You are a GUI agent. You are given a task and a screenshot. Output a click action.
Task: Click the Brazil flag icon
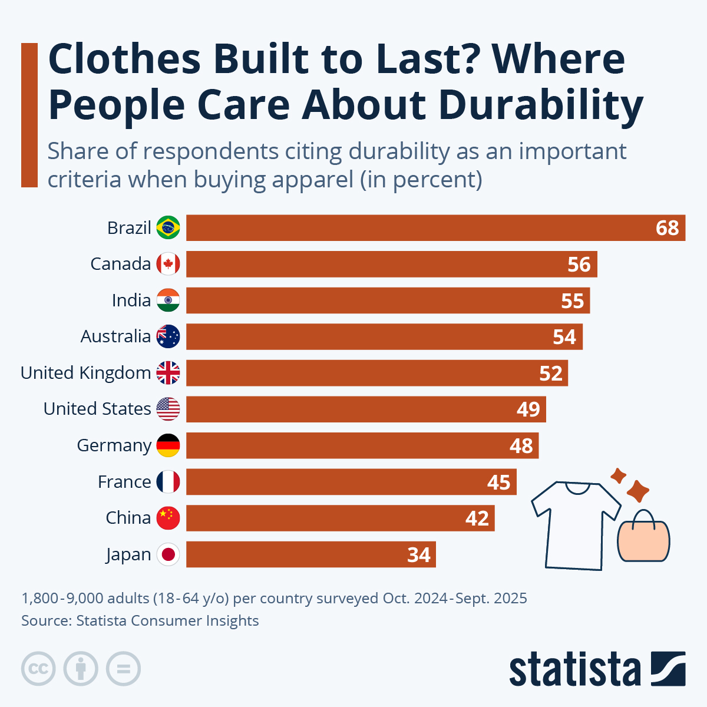pos(168,227)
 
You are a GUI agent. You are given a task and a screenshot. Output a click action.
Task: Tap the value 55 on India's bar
pos(572,301)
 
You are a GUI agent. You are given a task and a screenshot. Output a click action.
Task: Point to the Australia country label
pos(115,336)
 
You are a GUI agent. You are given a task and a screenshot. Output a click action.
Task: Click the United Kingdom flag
pos(168,373)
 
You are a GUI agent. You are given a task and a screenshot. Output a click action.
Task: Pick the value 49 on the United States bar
pos(528,409)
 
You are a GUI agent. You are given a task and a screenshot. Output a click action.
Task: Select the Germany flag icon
pos(168,445)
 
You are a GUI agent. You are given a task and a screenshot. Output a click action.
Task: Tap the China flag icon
pos(168,518)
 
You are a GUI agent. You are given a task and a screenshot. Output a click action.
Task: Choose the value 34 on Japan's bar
pos(419,555)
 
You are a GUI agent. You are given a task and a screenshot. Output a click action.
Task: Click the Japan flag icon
pos(168,554)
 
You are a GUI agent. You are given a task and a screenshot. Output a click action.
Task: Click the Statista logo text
pos(574,670)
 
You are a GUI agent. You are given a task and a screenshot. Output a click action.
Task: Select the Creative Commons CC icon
pos(38,669)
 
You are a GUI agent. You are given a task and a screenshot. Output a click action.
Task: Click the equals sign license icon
pos(123,669)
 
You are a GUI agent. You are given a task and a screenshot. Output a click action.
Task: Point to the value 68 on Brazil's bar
pos(667,228)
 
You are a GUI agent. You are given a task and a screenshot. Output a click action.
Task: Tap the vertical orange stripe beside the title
pos(29,115)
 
